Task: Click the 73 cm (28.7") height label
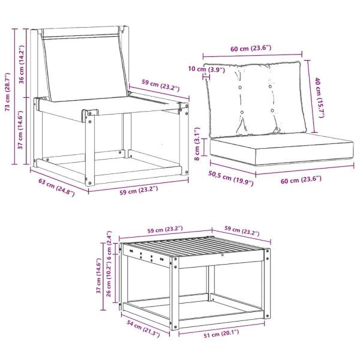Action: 8,92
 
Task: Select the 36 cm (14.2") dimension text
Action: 22,65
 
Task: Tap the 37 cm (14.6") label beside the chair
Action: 21,130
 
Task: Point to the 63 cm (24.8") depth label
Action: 56,187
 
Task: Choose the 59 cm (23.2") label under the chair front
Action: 139,190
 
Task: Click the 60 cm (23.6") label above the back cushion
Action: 251,49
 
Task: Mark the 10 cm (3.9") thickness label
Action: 206,69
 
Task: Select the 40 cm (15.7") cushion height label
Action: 320,98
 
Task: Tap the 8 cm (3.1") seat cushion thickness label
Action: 197,144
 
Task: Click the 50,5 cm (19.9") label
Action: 231,178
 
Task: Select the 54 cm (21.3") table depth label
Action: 143,329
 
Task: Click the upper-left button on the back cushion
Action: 241,88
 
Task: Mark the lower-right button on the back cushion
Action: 272,110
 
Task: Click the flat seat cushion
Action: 281,149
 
